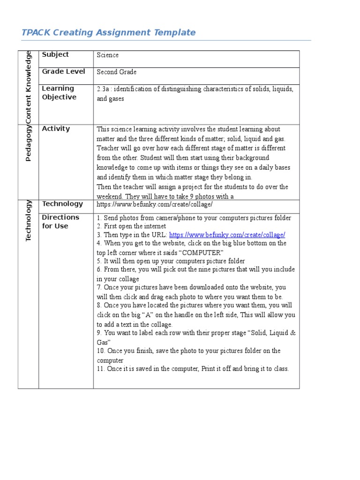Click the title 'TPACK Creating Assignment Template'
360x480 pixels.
108,32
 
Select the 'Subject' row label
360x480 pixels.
55,54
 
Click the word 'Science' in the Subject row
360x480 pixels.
107,55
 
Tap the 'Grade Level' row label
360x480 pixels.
63,71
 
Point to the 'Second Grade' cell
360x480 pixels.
117,72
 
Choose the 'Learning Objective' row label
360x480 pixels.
59,93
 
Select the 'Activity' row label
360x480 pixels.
56,128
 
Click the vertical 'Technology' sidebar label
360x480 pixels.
28,220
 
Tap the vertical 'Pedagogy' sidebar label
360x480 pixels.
28,143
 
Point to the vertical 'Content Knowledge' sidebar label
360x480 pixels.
28,87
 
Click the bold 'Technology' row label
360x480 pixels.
62,203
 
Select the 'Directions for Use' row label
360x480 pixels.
60,221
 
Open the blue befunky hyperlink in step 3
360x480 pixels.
227,235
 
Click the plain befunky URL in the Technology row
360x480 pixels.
155,205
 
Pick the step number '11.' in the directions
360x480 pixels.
101,369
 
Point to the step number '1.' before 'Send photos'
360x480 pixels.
99,218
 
